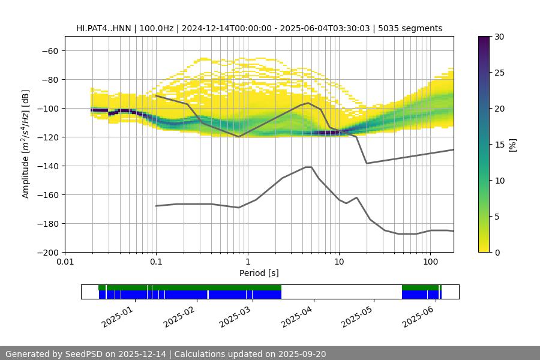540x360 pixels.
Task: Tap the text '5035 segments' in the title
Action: (x=414, y=28)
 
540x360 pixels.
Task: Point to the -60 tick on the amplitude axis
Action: (x=49, y=51)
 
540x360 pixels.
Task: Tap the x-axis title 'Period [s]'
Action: (x=259, y=273)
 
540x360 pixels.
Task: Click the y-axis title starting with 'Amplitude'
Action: (x=26, y=144)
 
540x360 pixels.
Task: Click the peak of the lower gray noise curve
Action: (x=308, y=167)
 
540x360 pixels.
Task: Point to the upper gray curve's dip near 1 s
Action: (x=239, y=137)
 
